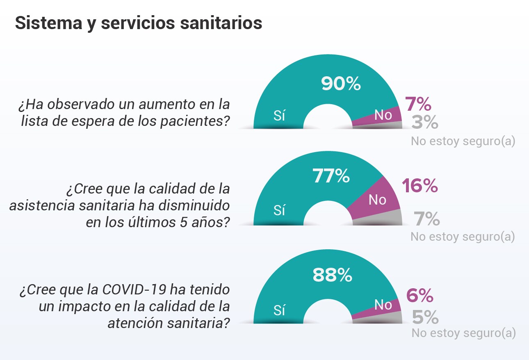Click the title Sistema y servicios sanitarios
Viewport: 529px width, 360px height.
pos(138,23)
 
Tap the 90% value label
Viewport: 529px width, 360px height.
pos(341,84)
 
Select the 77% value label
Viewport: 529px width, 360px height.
pos(331,177)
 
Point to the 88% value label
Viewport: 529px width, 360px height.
pos(332,276)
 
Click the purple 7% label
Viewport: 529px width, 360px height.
pos(418,105)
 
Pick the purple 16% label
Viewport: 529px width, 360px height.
pos(420,187)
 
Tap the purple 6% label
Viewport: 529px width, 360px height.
pos(420,296)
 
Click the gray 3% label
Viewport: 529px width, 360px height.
pos(425,123)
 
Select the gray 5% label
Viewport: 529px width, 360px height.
pos(425,317)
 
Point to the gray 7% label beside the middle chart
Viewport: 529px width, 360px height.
pos(426,219)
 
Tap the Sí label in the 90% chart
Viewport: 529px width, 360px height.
pos(279,116)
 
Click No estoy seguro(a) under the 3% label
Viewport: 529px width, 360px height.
pos(463,141)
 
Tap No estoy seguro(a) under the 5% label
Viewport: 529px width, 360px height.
pos(463,333)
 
